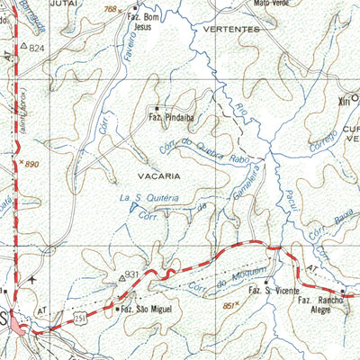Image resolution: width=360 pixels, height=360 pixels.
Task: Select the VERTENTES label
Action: click(x=232, y=29)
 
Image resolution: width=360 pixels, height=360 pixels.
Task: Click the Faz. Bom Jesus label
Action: click(x=148, y=22)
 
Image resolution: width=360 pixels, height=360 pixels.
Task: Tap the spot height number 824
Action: click(x=36, y=46)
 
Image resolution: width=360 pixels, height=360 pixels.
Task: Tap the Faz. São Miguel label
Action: click(x=147, y=309)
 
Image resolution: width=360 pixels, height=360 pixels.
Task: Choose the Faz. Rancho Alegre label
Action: click(x=322, y=303)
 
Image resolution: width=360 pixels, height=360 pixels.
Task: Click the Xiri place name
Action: click(x=342, y=101)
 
